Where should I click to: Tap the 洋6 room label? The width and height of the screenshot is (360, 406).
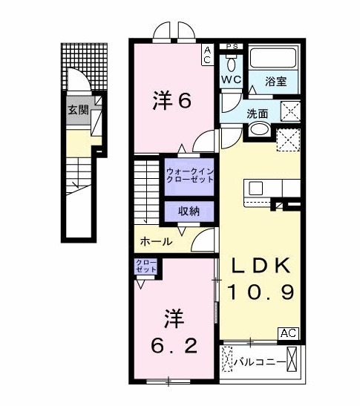coord(172,99)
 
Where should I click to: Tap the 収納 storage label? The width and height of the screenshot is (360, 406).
coord(189,212)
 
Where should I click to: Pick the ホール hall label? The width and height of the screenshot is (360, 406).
coord(156,241)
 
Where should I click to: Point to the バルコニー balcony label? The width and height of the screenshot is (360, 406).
coord(259,363)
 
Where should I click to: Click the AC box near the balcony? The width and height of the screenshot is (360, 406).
coord(289,333)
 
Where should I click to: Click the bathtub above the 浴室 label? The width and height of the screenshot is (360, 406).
coord(274,58)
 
